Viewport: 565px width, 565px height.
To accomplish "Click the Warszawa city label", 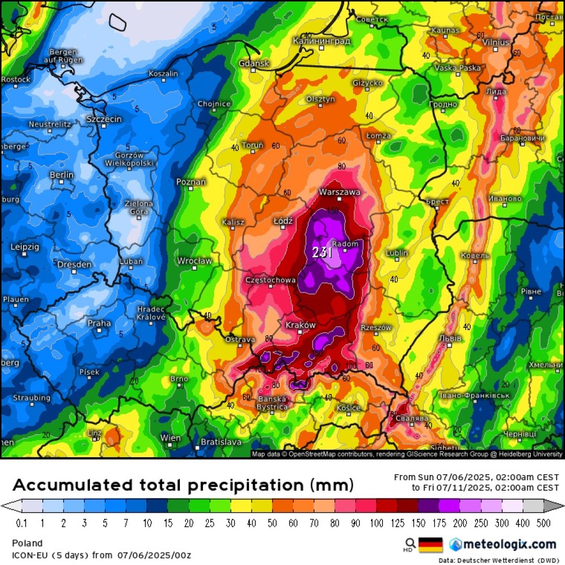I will [x=340, y=192].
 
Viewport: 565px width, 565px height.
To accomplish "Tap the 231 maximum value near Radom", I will [x=322, y=253].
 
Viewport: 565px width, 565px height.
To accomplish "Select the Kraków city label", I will [x=300, y=325].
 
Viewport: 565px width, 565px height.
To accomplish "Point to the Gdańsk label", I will [x=254, y=63].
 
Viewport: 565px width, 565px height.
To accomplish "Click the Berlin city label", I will [x=62, y=175].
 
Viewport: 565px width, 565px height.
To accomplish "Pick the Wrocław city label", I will [x=194, y=261].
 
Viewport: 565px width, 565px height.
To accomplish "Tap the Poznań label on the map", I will [x=191, y=182].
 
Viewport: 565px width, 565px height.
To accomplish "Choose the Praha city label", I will [x=99, y=323].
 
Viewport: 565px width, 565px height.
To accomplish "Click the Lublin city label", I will [x=397, y=253].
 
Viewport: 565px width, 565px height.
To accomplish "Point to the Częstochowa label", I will [x=270, y=280].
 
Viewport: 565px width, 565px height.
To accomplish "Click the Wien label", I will [x=171, y=438].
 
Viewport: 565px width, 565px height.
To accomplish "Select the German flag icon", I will [x=431, y=545].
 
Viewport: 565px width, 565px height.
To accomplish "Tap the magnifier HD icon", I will [x=411, y=544].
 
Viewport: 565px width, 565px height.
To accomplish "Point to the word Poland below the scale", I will [x=27, y=543].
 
